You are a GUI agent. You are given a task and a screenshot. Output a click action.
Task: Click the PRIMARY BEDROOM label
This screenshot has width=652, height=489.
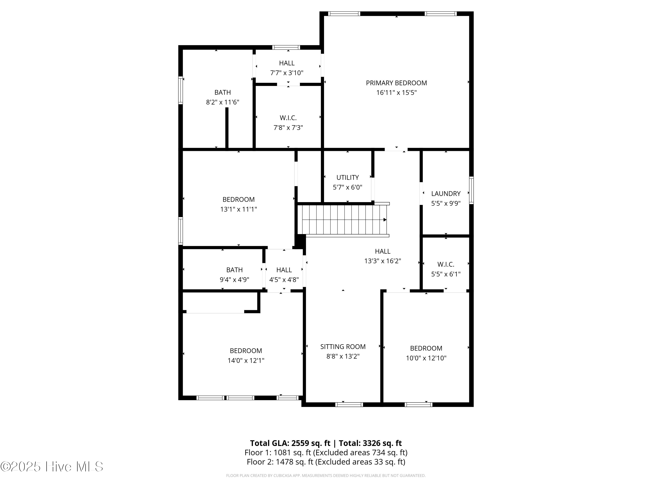coord(396,83)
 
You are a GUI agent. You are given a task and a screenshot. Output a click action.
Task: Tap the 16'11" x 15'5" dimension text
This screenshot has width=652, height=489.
coord(396,93)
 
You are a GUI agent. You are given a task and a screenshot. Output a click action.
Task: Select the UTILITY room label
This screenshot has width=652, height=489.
coord(348,177)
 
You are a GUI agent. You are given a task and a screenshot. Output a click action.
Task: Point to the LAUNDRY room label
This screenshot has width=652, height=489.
coord(446,194)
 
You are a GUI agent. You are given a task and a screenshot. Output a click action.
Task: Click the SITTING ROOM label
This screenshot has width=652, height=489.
coord(343,347)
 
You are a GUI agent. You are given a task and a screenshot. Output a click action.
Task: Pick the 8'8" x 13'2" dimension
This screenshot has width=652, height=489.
coord(343,356)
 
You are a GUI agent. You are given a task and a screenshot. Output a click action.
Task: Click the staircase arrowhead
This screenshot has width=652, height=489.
coord(385,220)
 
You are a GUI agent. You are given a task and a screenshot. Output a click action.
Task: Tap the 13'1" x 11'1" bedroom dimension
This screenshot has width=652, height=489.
coord(238,209)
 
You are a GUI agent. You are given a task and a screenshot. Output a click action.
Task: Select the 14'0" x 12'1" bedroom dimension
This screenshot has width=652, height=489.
coord(246,361)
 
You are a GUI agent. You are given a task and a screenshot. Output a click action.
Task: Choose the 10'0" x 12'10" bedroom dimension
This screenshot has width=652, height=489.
coord(426,358)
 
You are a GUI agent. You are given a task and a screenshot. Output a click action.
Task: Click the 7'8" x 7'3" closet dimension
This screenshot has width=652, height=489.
coord(288,128)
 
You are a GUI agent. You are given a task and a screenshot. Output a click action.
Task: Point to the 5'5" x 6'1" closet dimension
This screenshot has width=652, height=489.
coord(446,274)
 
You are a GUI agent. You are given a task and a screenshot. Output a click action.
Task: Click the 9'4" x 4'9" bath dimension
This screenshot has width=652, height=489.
coord(234,279)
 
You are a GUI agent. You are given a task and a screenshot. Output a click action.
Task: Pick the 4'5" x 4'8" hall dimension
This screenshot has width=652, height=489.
coord(284,279)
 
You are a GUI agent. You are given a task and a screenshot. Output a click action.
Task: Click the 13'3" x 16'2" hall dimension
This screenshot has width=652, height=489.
coord(383,261)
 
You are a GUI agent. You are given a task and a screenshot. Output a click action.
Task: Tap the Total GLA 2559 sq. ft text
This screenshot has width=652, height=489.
coord(290,443)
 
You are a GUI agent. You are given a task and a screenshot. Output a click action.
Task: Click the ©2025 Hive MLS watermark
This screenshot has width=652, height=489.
coord(52,467)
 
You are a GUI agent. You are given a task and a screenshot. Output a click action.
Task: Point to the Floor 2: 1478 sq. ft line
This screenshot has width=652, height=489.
coord(326,462)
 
